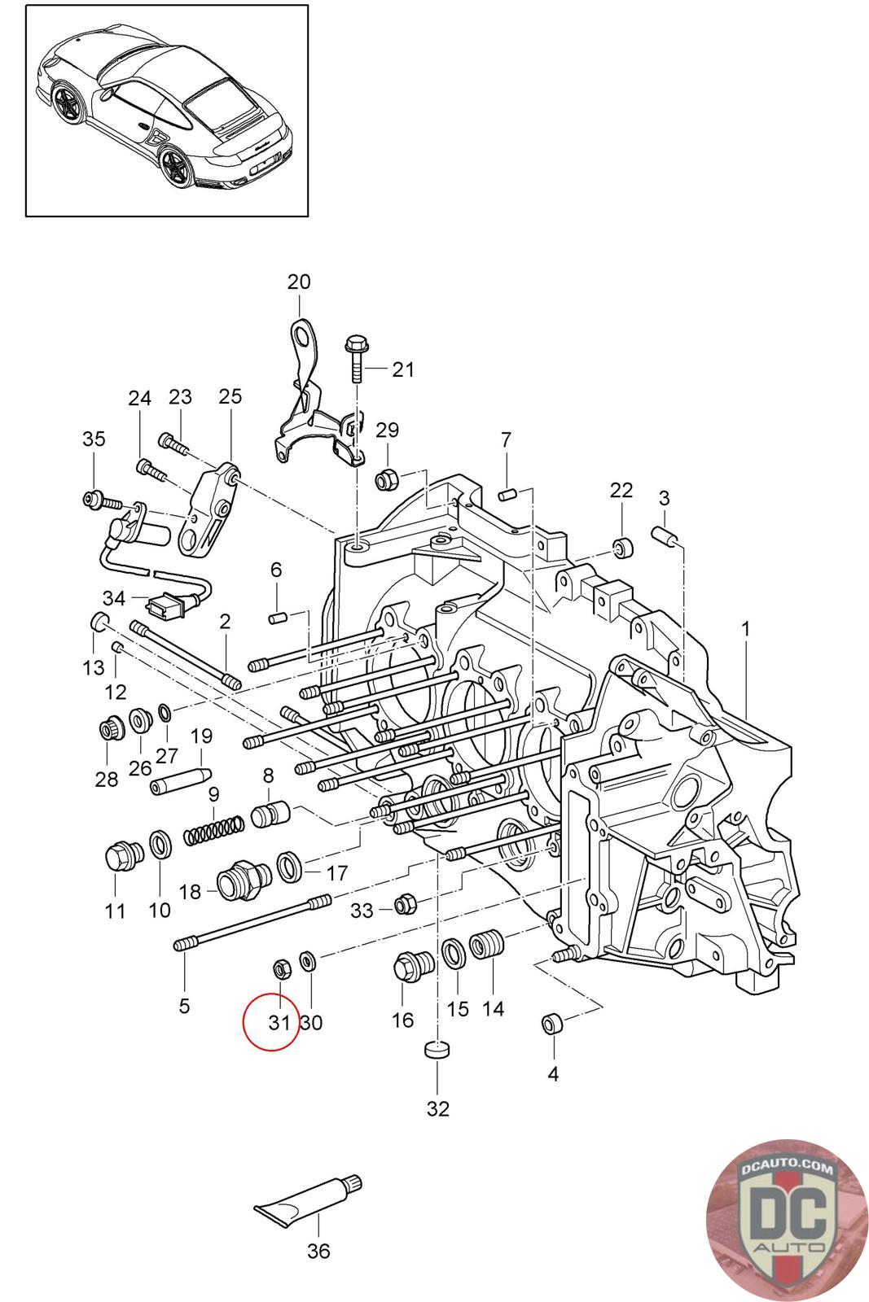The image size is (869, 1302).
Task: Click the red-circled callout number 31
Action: [279, 1022]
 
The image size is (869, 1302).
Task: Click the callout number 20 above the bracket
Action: [299, 282]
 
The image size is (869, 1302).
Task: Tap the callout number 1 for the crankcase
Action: [745, 629]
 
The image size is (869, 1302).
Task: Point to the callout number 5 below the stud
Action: [184, 1005]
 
